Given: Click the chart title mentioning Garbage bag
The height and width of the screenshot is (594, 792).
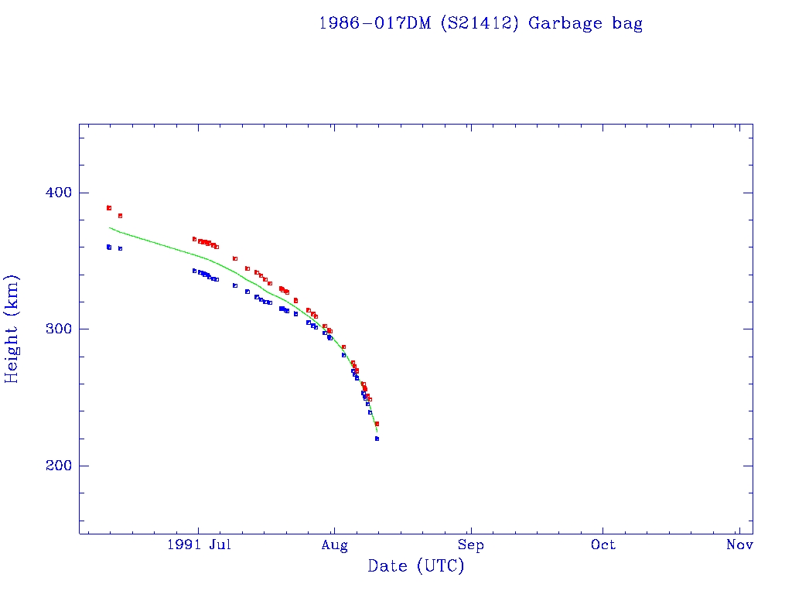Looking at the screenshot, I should (x=480, y=23).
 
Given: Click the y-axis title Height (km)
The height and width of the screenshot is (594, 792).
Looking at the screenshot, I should (x=12, y=329).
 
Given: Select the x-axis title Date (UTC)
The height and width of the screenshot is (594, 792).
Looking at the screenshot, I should (x=416, y=566).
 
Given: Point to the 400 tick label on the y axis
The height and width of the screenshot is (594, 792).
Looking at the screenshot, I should (x=54, y=193).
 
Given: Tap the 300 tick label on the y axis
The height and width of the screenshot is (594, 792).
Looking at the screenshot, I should (x=54, y=329).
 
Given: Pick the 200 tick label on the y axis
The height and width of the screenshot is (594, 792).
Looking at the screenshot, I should (x=54, y=466).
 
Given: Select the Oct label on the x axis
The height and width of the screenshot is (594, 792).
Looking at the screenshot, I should (x=603, y=544).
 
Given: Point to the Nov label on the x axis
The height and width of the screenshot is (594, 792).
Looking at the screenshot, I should (x=740, y=544).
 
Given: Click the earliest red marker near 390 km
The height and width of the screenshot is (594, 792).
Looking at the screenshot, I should (x=109, y=208).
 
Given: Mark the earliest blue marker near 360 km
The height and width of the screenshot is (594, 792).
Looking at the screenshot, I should (x=109, y=247).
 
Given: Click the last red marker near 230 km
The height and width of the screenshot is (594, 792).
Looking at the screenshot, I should (x=377, y=424).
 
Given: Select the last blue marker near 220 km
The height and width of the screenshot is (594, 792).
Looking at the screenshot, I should (x=377, y=439).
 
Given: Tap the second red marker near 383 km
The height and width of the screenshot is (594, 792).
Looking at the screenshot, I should (x=120, y=216).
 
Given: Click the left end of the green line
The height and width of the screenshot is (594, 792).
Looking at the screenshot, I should (x=110, y=227).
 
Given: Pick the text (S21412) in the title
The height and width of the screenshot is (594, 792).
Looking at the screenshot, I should (x=480, y=23).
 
